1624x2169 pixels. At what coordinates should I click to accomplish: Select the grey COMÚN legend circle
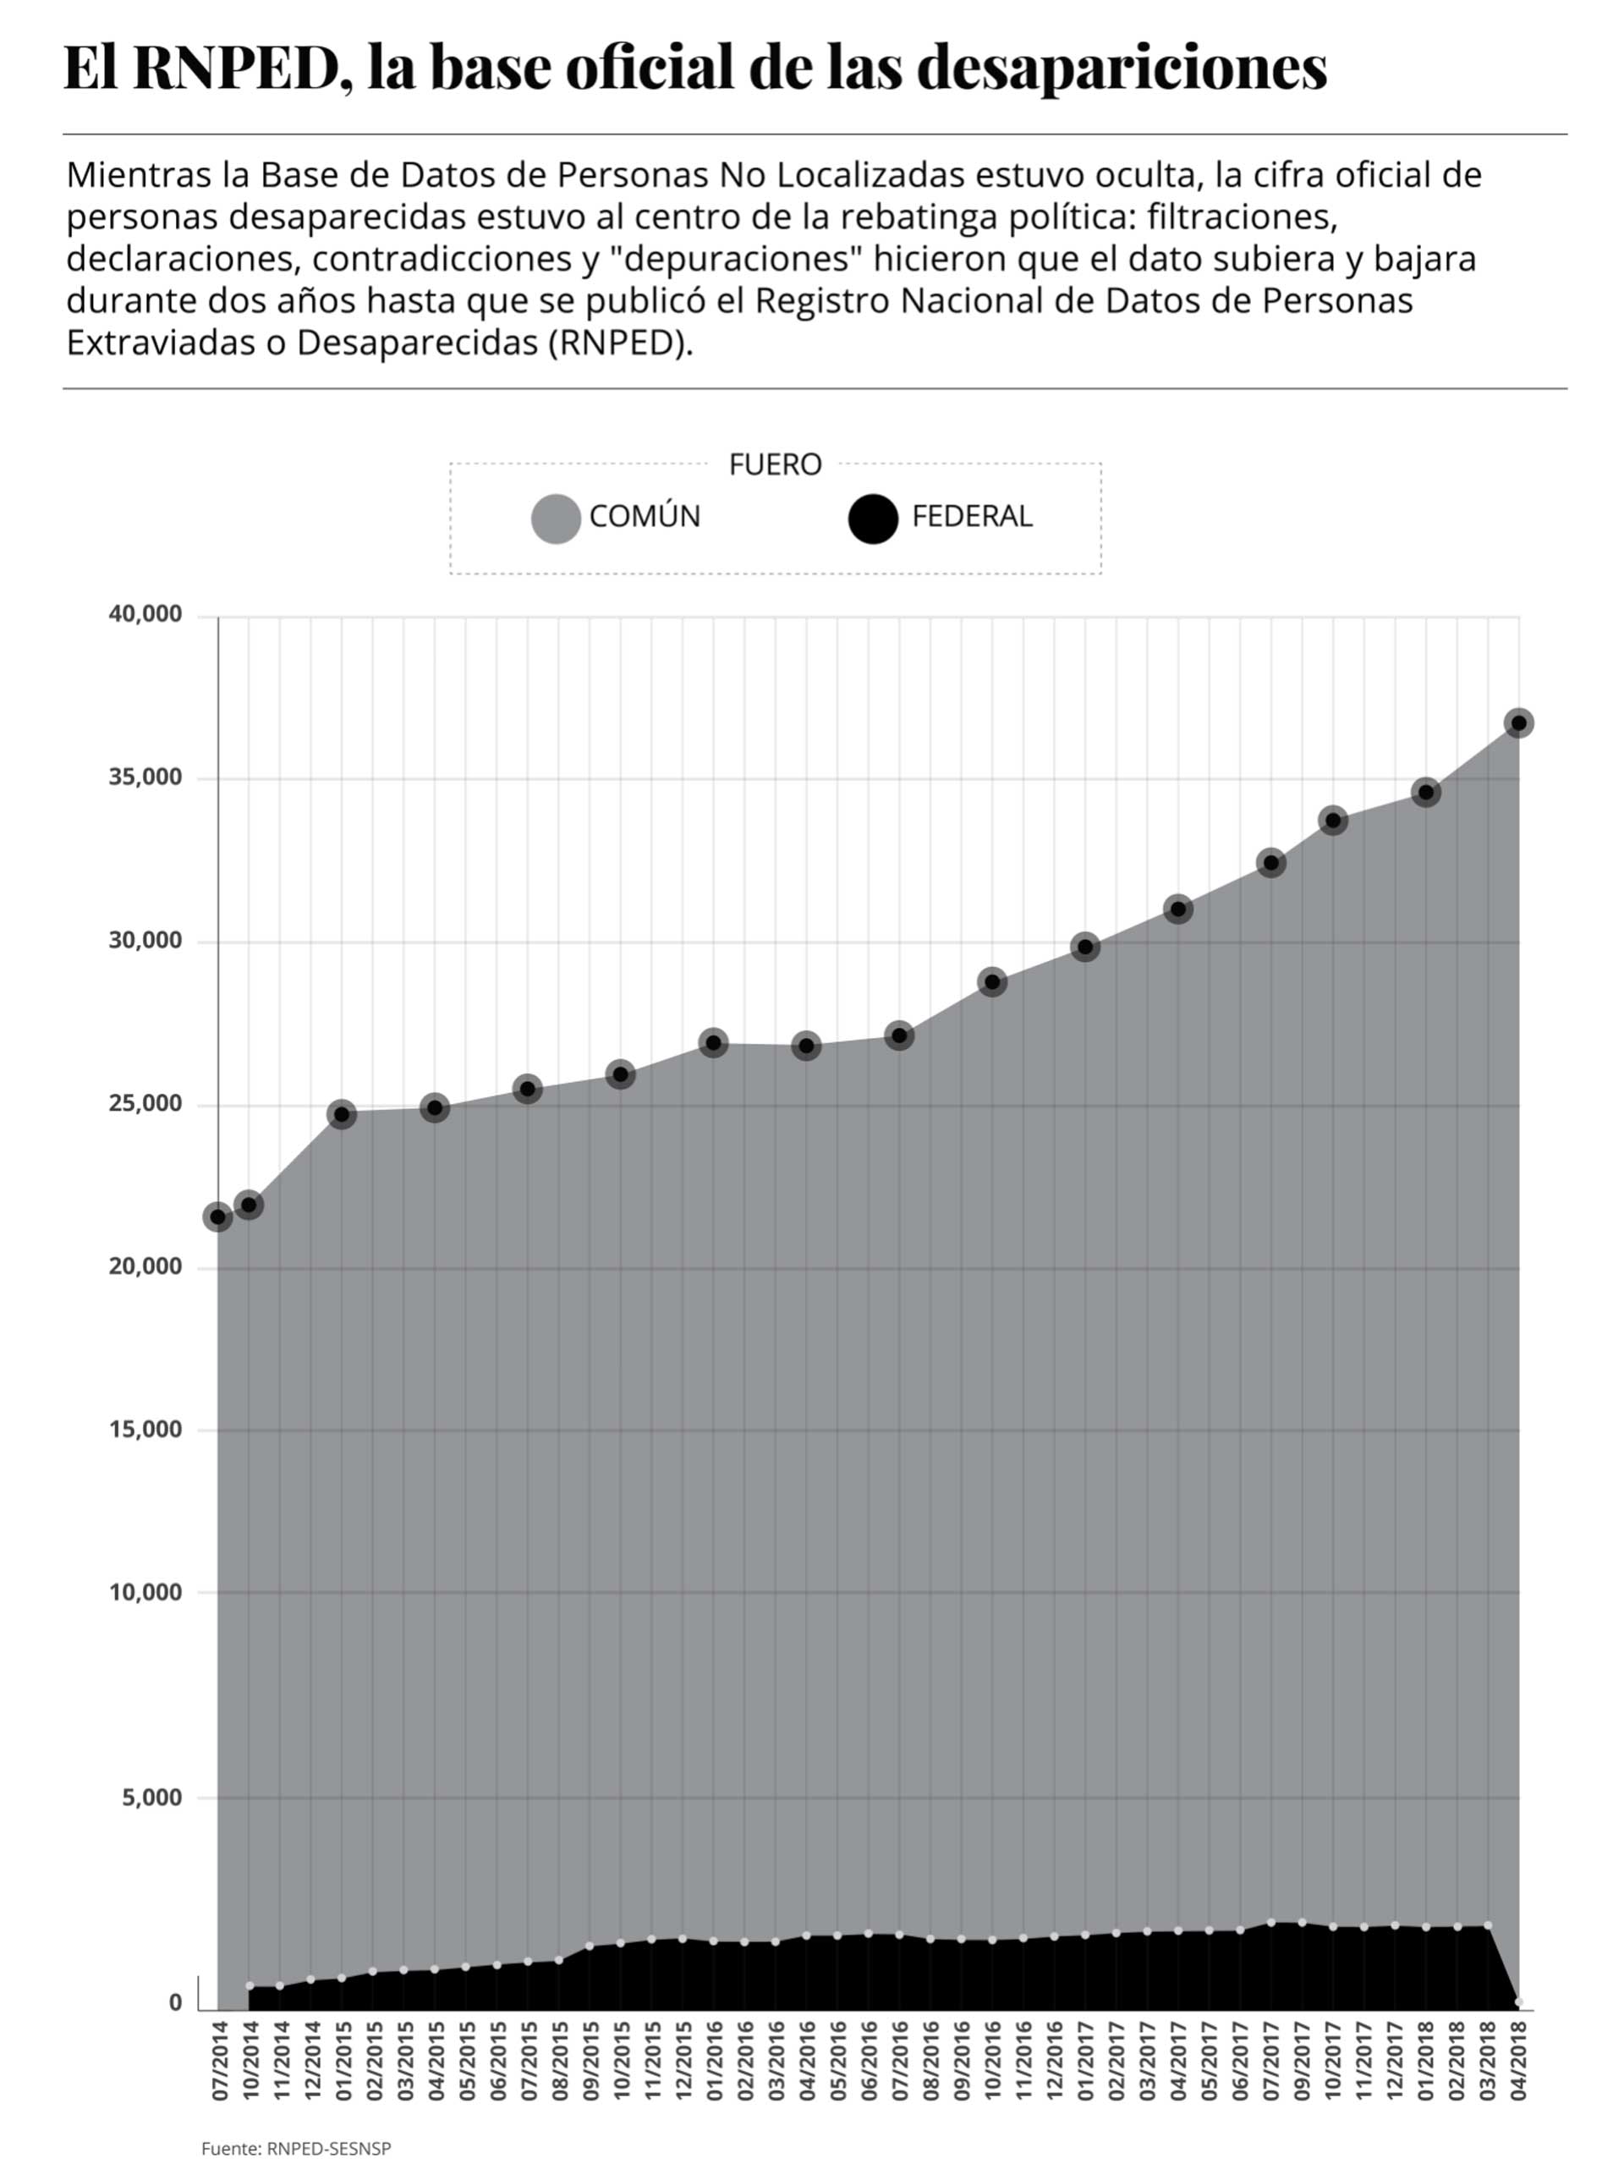point(556,517)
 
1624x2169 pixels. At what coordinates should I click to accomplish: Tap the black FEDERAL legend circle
point(872,517)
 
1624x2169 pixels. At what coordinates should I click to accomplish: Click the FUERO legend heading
point(775,464)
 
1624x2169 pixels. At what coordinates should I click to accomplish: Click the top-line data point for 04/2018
point(1519,723)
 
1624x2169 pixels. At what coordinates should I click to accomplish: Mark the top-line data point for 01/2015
point(341,1115)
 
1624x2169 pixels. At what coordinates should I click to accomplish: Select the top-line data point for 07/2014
point(217,1216)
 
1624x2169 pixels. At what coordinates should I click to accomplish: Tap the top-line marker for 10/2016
point(992,981)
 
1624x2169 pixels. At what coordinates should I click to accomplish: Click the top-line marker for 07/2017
point(1271,863)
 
